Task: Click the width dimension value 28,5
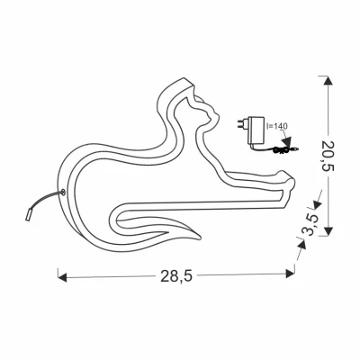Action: pos(176,276)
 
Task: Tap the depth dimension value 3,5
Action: pos(311,225)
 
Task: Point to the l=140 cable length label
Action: pos(277,126)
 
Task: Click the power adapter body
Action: pos(256,130)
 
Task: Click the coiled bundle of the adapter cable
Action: pos(281,149)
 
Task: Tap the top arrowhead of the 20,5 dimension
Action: pos(328,81)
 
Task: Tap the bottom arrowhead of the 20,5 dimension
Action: pos(328,231)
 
